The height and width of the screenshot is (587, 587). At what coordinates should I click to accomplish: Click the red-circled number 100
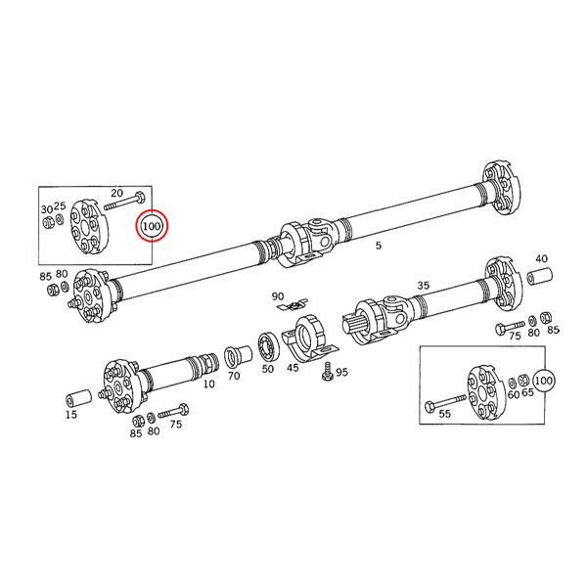click(152, 226)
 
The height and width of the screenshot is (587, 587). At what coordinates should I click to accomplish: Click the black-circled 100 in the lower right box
click(544, 379)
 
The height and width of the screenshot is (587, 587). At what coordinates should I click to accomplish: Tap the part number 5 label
click(379, 247)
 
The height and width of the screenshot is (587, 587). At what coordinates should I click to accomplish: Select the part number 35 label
click(423, 286)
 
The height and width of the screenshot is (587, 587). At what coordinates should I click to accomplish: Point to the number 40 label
click(540, 259)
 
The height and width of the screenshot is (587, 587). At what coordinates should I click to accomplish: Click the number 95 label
click(341, 373)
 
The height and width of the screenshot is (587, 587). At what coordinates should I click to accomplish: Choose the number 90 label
click(278, 296)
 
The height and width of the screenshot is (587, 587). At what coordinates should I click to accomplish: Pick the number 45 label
click(293, 369)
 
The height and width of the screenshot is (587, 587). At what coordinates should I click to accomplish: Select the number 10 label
click(208, 385)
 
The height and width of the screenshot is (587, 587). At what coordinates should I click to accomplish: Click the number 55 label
click(445, 415)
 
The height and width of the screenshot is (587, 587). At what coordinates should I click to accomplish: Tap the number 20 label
click(117, 193)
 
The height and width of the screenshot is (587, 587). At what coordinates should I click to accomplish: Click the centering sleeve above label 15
click(77, 398)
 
